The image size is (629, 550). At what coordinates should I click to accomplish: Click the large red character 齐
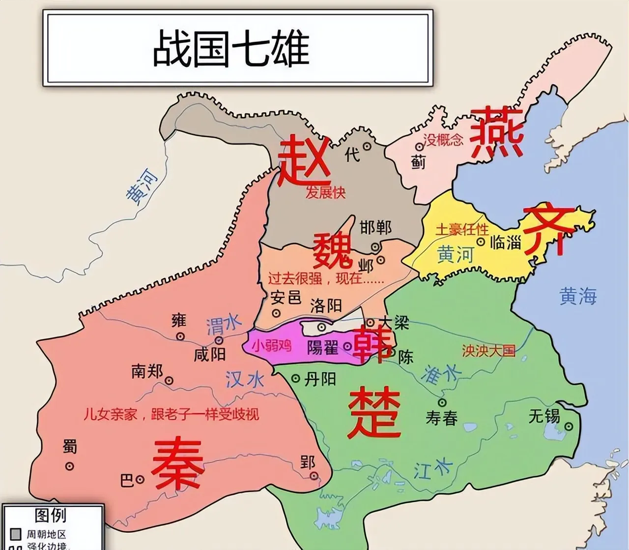(549, 230)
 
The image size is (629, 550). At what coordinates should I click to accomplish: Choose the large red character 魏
(334, 251)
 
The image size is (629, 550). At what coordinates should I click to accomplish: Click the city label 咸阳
(209, 354)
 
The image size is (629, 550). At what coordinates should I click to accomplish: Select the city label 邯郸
(376, 227)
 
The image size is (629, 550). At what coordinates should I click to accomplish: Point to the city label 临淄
(506, 242)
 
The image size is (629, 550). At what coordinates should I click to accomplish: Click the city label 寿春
(441, 418)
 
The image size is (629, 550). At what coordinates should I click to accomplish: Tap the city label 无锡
(544, 416)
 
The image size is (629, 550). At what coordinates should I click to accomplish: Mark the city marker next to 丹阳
(296, 378)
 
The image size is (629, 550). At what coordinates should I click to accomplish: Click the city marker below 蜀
(69, 465)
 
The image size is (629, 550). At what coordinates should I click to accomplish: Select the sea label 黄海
(578, 296)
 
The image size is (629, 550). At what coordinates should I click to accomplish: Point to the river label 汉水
(245, 379)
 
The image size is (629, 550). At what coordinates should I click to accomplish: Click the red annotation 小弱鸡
(272, 345)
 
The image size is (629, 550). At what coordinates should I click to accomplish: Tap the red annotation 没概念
(443, 140)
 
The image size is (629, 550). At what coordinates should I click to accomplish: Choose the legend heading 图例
(51, 515)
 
